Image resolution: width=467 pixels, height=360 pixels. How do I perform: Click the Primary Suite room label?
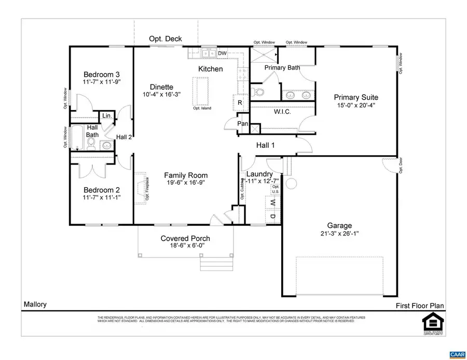(355, 97)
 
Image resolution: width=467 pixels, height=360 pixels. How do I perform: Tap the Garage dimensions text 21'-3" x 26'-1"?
(339, 233)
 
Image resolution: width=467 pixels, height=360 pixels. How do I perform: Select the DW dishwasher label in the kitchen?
(222, 53)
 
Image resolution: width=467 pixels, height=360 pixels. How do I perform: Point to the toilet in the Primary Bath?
(259, 92)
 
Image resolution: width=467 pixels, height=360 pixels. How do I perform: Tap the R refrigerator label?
(240, 103)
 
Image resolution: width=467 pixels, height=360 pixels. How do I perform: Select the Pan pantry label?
(242, 124)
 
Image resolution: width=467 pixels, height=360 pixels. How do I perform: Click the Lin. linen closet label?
(107, 116)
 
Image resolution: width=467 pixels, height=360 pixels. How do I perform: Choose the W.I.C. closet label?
(282, 112)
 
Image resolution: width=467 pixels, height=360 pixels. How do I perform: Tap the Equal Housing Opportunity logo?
(432, 324)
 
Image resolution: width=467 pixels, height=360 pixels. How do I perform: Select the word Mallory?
(35, 304)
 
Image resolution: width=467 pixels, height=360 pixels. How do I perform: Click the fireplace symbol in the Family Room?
(141, 186)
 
